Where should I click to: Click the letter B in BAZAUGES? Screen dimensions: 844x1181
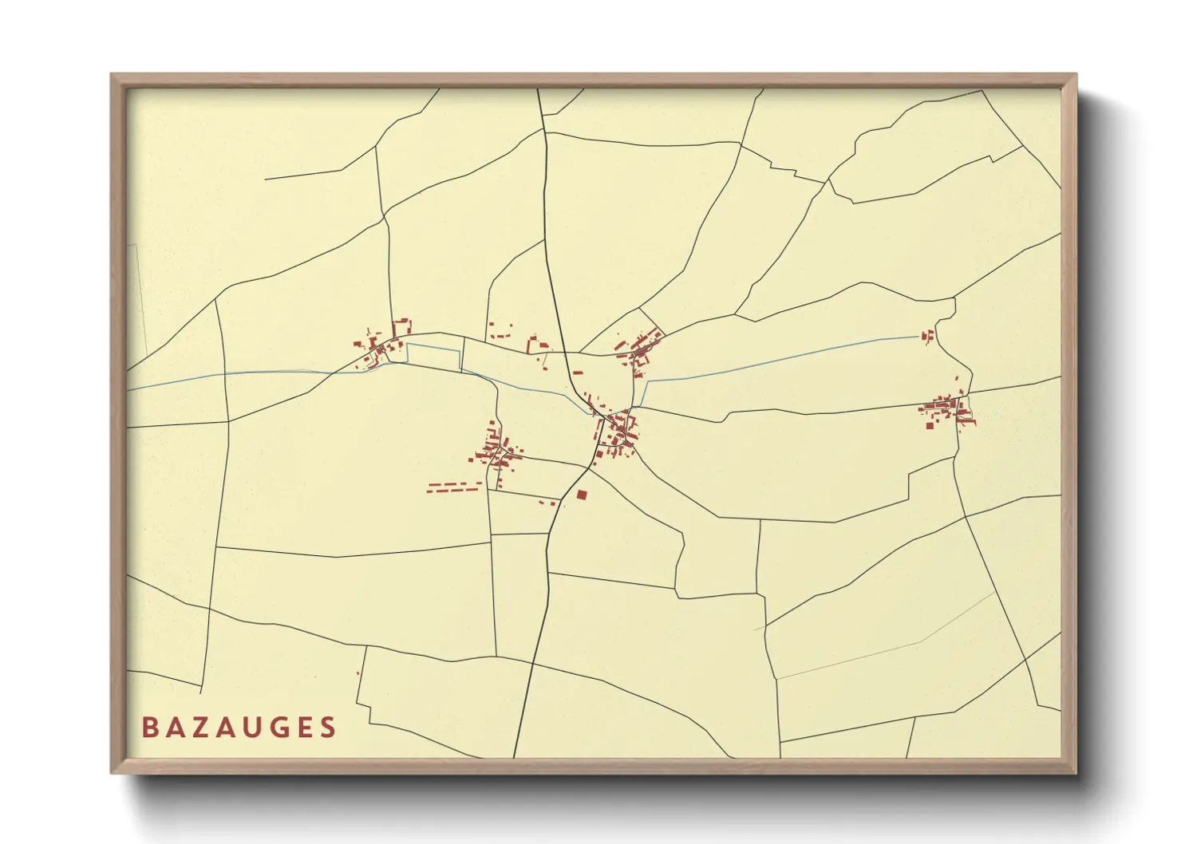point(149,728)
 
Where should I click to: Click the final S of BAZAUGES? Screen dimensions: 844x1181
point(328,728)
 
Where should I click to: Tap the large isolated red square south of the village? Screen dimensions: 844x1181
point(582,495)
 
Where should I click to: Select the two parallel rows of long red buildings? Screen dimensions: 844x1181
point(453,487)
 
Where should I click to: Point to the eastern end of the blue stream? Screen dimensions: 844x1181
point(919,337)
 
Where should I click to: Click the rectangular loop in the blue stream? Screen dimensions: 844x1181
point(435,356)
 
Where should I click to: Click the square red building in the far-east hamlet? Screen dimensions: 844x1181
point(930,424)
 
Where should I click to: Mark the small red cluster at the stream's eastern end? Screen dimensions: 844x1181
point(927,337)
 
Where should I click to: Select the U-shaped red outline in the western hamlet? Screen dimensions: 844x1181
point(401,327)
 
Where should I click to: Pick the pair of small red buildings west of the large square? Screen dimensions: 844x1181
point(547,503)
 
